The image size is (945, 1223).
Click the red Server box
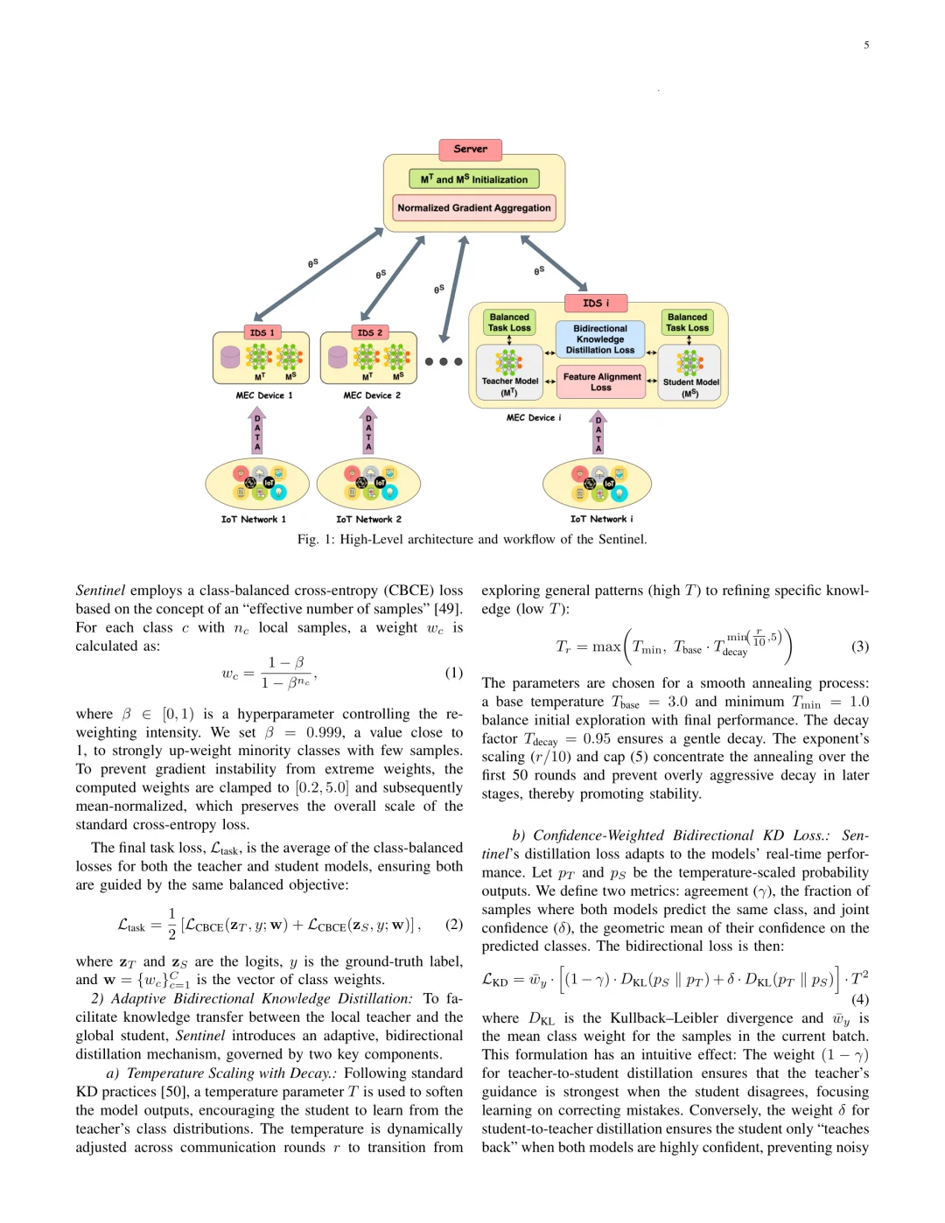[471, 150]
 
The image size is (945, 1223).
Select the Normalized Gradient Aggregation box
[473, 208]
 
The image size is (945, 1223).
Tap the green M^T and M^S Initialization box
[473, 179]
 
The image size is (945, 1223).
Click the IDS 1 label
[262, 332]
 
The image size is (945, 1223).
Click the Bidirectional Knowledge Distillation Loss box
[600, 339]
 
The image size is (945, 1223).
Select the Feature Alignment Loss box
[601, 382]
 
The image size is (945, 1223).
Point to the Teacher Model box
[509, 373]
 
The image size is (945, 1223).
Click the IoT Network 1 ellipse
[257, 485]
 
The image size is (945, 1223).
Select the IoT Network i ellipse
[598, 485]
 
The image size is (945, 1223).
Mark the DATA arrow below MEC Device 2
[368, 431]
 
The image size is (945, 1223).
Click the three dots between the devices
[444, 361]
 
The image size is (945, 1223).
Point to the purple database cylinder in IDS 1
[230, 357]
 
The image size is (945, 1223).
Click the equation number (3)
[860, 646]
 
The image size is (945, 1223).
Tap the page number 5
[866, 45]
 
